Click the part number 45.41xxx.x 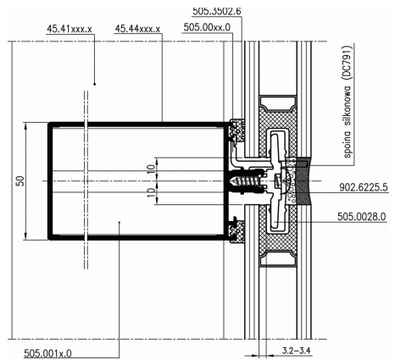tap(70, 29)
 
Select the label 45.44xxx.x tap(137, 29)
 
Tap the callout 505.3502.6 tap(217, 11)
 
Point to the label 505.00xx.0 tap(207, 27)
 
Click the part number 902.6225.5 tap(364, 187)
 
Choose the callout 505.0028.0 tap(361, 217)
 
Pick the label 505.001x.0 tap(47, 353)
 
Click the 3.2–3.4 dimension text tap(296, 351)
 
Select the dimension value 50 tap(20, 181)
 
